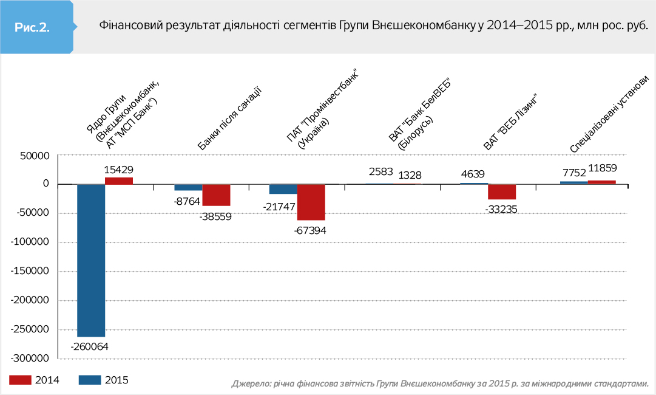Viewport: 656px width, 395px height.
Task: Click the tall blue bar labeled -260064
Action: [91, 260]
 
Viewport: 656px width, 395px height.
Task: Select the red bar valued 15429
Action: [119, 180]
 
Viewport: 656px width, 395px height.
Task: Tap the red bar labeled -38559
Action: [216, 195]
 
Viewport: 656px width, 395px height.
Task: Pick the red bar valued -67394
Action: [311, 202]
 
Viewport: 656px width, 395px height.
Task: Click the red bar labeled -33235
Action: [502, 191]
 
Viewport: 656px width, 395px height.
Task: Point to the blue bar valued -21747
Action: [283, 189]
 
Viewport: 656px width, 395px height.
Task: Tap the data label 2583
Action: [381, 172]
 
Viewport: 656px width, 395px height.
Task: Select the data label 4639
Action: [473, 174]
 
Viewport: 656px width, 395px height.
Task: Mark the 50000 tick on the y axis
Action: [35, 156]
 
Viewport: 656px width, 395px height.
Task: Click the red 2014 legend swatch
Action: [20, 380]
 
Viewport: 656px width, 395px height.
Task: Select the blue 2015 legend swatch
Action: [90, 380]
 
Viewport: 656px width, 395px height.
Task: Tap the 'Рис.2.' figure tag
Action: [32, 27]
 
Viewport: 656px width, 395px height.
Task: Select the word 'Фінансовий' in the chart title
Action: [125, 27]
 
